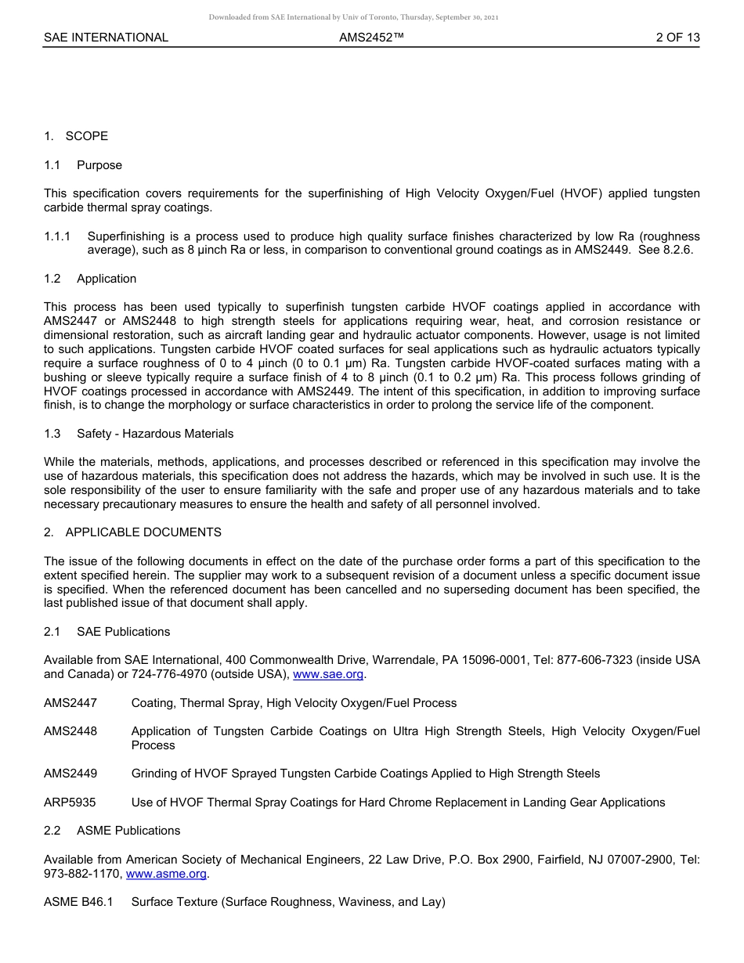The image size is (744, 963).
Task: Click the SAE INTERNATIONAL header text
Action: click(x=106, y=38)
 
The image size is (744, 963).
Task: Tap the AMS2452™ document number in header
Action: click(x=371, y=38)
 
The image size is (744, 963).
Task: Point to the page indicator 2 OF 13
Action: click(x=677, y=38)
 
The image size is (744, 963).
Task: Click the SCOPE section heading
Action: click(x=86, y=136)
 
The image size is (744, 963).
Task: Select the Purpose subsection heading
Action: click(x=99, y=165)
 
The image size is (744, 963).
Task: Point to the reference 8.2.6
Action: click(x=676, y=251)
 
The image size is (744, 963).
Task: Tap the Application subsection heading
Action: click(x=107, y=279)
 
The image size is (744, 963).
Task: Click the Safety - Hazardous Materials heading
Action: click(x=155, y=434)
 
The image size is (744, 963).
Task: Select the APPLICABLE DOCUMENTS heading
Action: click(x=143, y=532)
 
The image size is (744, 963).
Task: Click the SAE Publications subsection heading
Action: click(x=123, y=632)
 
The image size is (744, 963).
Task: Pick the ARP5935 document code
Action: click(x=70, y=802)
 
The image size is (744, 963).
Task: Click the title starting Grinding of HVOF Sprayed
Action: click(x=366, y=774)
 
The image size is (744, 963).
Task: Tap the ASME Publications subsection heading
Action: click(x=128, y=831)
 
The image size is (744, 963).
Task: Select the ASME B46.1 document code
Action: click(x=78, y=902)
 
